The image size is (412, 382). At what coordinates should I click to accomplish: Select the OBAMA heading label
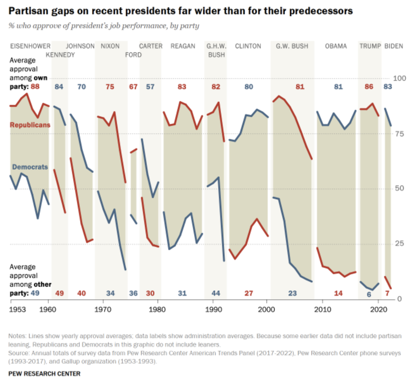pos(335,46)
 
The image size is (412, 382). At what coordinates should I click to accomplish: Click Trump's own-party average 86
pos(369,87)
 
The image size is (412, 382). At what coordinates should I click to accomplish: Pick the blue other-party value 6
pos(369,295)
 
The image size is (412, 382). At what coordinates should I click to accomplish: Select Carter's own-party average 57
pos(150,87)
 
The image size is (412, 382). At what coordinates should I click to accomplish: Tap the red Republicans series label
pos(30,125)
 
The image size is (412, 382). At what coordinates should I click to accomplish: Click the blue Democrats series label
pos(30,167)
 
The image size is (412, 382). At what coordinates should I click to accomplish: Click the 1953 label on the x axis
pos(16,309)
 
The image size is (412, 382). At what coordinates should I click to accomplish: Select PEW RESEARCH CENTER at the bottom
pos(44,373)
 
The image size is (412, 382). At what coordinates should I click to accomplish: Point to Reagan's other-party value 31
pos(182,293)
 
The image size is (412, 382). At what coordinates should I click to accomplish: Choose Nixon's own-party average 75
pos(110,87)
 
